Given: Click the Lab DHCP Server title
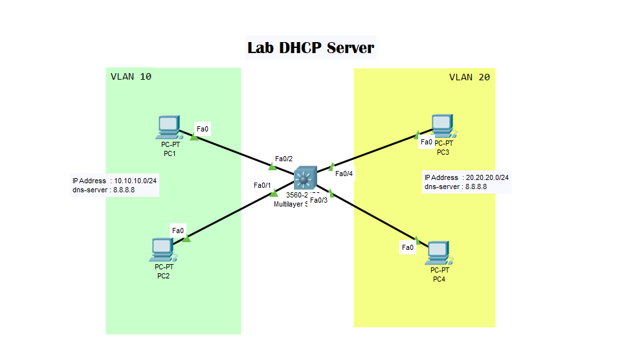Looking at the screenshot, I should click(x=311, y=48).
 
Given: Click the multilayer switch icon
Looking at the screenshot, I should click(x=305, y=178).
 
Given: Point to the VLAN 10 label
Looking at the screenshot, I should click(x=131, y=76).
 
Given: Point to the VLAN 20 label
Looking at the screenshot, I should click(x=469, y=77).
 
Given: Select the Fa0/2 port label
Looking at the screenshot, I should click(x=284, y=159).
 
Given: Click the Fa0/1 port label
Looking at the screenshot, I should click(x=262, y=185).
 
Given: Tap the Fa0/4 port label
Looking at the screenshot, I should click(x=344, y=173).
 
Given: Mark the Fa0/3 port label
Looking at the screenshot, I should click(x=319, y=200).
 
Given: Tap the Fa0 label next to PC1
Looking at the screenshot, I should click(x=202, y=129).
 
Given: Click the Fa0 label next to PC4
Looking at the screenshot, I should click(x=407, y=247).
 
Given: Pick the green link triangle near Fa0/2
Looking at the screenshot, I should click(x=272, y=167).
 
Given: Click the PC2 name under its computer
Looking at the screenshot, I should click(x=163, y=276).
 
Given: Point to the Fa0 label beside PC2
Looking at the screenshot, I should click(x=177, y=230).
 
